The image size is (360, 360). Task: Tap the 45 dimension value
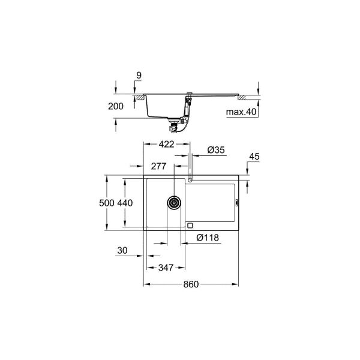[x=253, y=157]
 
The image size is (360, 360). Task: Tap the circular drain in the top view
[x=174, y=202]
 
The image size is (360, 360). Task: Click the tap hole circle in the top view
[x=190, y=179]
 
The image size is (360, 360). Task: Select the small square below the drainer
[x=190, y=226]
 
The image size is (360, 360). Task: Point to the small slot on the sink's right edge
[x=239, y=203]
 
